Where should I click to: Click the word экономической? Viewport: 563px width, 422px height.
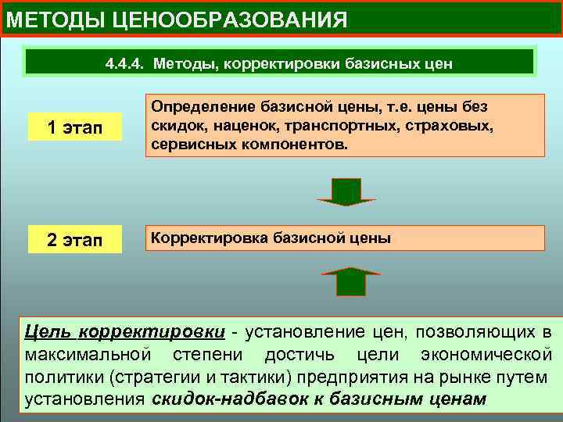491,354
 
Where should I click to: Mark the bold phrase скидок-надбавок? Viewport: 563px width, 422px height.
225,399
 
